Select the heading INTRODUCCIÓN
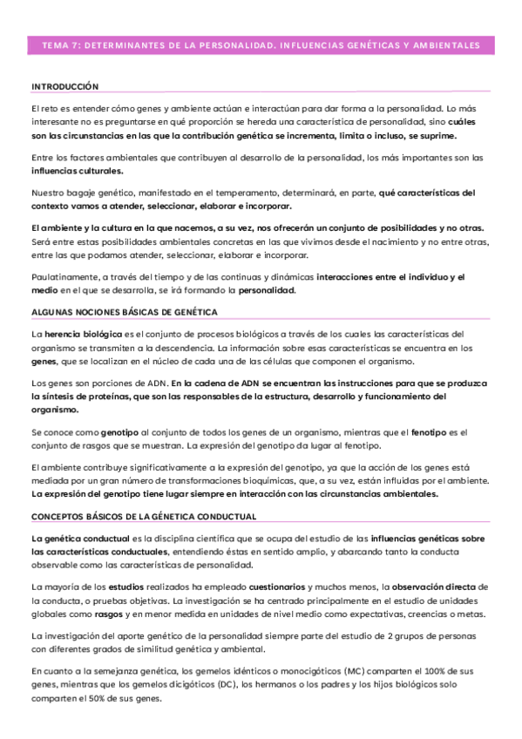(x=64, y=86)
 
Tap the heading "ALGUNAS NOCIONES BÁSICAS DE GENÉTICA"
(x=124, y=312)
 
